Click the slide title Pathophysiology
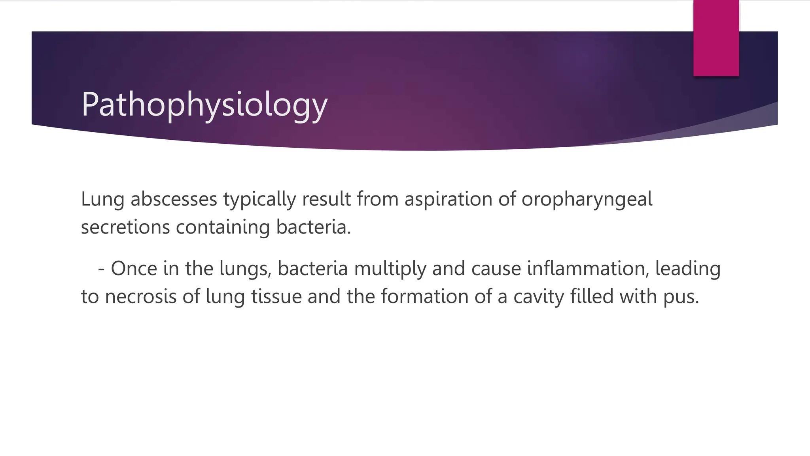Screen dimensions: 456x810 coord(204,104)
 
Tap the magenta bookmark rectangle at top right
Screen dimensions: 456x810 coord(716,38)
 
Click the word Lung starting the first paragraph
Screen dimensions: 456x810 coord(102,199)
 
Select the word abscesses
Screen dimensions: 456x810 coord(174,199)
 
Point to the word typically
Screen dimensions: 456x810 coord(259,199)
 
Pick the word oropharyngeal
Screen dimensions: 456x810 coord(587,199)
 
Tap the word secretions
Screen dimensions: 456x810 coord(125,227)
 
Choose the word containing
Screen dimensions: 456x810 coord(223,227)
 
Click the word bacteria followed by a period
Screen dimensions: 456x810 coord(313,227)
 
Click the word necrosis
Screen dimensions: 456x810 coord(140,296)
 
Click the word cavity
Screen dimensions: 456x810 coord(538,296)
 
